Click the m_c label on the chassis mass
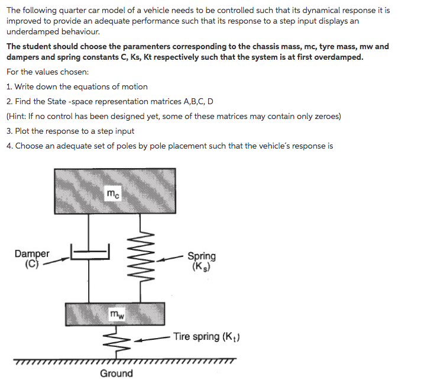[112, 193]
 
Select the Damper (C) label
[32, 259]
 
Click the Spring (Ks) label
[202, 261]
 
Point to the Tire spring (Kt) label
[206, 337]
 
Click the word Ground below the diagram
[116, 373]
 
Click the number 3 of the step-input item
[9, 131]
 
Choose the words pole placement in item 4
[152, 146]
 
